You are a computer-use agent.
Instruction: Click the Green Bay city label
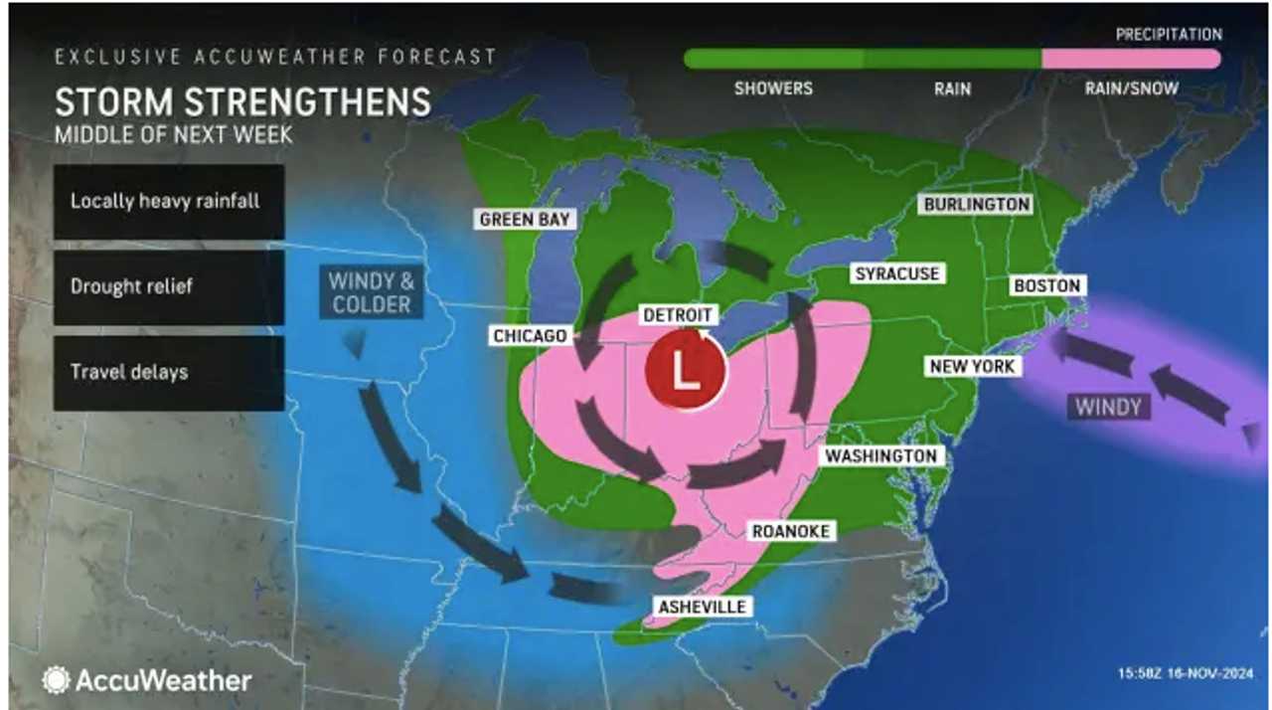[524, 219]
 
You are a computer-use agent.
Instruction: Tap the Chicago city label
[530, 336]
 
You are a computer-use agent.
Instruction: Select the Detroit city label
[678, 315]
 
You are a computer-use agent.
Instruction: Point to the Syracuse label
[897, 273]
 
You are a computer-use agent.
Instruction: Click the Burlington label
[976, 204]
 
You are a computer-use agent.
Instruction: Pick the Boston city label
[1046, 285]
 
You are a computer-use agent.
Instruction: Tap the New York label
[972, 366]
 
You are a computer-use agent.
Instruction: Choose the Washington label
[880, 455]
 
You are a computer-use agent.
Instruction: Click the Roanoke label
[790, 531]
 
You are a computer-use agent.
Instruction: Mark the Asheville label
[702, 606]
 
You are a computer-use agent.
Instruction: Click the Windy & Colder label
[372, 291]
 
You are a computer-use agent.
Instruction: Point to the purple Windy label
[1108, 406]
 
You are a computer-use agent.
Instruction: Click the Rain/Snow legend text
[1130, 89]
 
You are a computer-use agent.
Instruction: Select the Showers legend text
[773, 89]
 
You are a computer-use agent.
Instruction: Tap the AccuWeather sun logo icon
[56, 680]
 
